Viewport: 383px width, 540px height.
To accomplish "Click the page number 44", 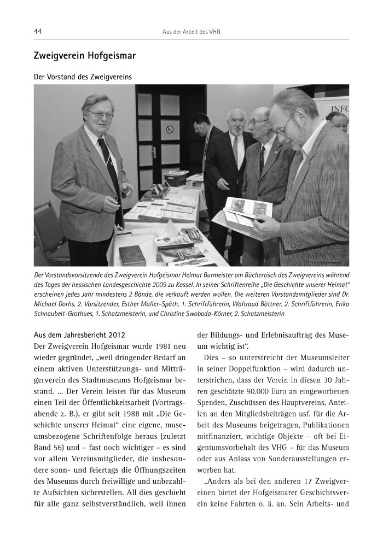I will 38,32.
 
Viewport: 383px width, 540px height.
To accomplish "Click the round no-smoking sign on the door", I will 170,130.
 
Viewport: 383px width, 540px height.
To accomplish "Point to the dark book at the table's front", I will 132,254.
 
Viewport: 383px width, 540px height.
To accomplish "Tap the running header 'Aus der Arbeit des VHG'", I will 191,32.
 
